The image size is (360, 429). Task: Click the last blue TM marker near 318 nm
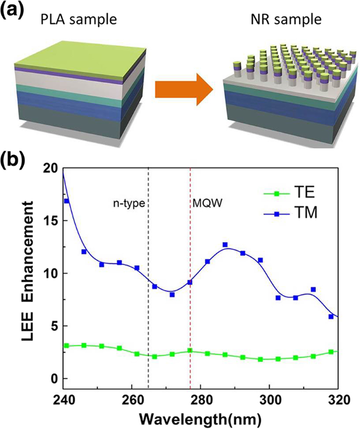[x=331, y=317]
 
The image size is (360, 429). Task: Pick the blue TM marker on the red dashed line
[x=190, y=282]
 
